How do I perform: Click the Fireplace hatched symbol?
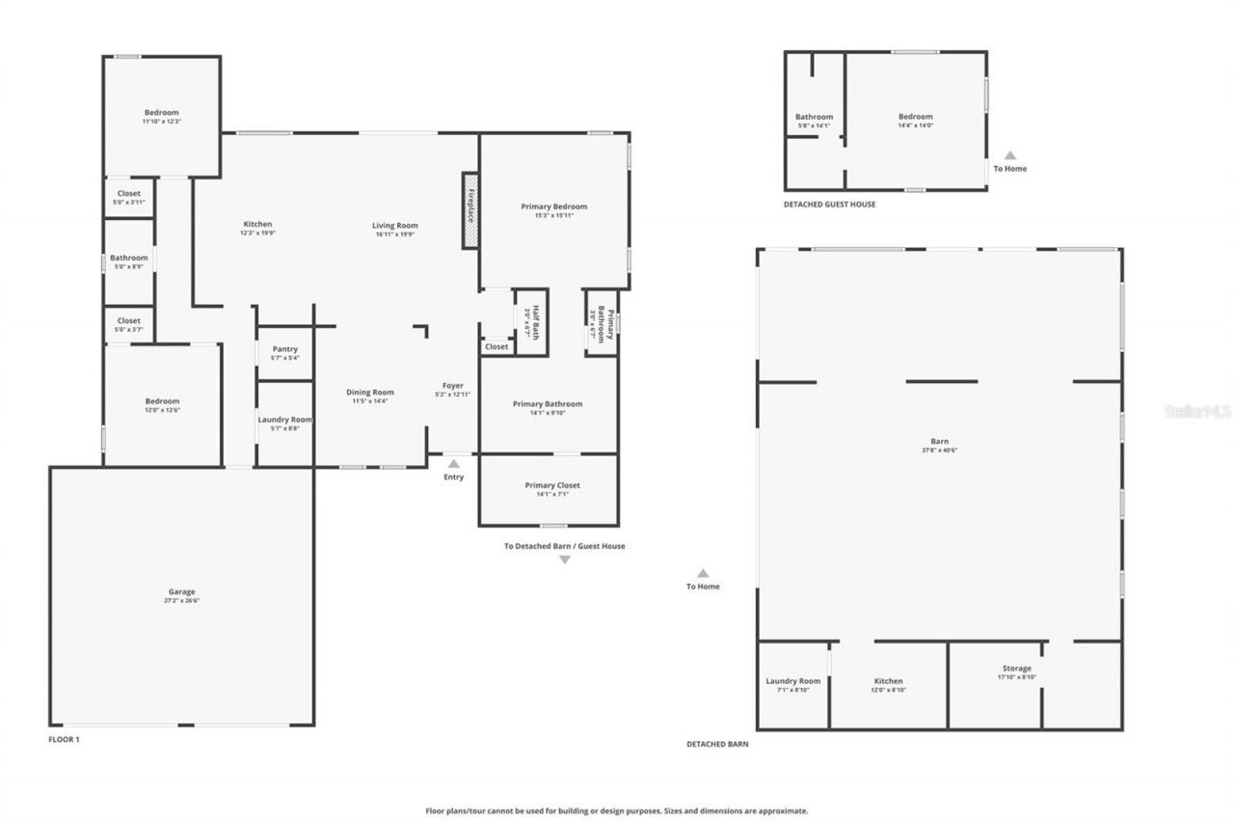[470, 211]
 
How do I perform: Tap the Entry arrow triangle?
[453, 464]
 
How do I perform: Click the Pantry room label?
[285, 349]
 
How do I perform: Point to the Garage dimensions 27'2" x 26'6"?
[182, 600]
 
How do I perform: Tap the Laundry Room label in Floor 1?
[285, 420]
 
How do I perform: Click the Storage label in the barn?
[1016, 669]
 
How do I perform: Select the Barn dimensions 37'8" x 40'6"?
[940, 450]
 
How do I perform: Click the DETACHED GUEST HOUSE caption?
[829, 205]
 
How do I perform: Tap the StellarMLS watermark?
[1197, 411]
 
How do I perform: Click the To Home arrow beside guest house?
[1010, 154]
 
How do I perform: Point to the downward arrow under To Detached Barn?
[565, 560]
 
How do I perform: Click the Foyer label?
[453, 385]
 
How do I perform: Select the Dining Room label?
[370, 392]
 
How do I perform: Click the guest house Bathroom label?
[814, 117]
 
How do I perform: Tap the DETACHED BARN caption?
[717, 745]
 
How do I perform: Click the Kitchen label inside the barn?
[888, 681]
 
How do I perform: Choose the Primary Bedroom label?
[553, 206]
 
